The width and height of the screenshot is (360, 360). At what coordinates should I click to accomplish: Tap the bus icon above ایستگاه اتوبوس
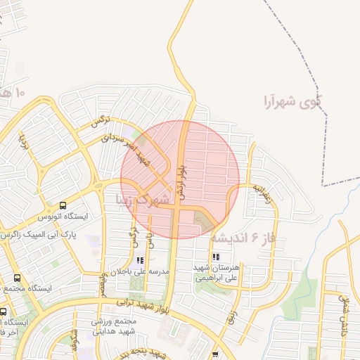coord(63,206)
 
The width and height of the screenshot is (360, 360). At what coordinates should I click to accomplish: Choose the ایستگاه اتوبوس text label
coord(63,217)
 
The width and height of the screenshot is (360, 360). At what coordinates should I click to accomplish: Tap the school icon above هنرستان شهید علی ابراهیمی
coord(215,257)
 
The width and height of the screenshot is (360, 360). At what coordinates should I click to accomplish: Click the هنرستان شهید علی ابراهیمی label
coord(216,273)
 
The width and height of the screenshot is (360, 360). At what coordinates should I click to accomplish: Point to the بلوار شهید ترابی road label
coord(134,303)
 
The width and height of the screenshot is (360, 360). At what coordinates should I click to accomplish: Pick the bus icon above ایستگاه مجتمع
coord(17,278)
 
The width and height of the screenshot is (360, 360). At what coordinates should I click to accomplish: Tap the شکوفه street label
coord(75,340)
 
